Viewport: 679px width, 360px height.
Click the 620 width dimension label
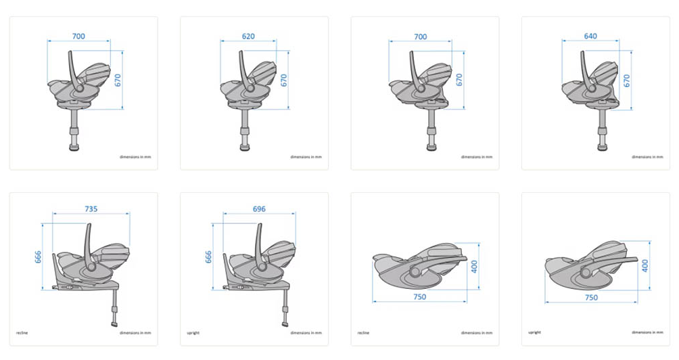tap(248, 37)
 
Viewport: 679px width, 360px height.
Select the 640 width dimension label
tap(590, 37)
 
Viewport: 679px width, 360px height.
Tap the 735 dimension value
tap(91, 209)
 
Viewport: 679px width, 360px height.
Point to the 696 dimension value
tap(259, 209)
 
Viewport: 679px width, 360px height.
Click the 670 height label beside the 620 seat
tap(283, 80)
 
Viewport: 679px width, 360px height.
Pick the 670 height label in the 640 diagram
tap(626, 81)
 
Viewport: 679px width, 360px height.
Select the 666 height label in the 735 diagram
tap(38, 257)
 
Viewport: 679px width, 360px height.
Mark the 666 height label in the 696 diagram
tap(208, 257)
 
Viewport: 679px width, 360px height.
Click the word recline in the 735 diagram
tap(22, 333)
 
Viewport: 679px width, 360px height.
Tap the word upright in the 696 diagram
tap(193, 333)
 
